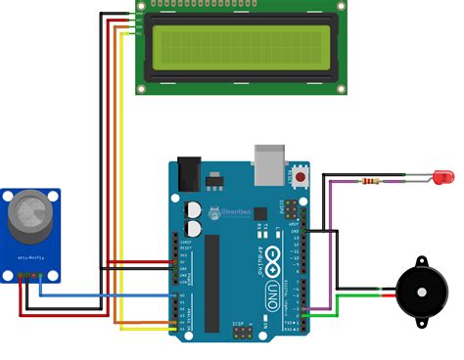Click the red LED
coord(443,178)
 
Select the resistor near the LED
coord(371,181)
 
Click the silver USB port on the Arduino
coord(267,163)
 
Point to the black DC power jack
coord(185,172)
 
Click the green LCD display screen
coord(241,49)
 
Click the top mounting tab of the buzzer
coord(422,262)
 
